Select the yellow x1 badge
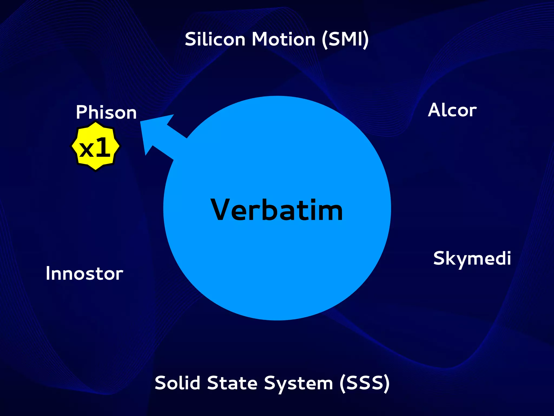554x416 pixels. [x=95, y=146]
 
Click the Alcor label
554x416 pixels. [x=452, y=110]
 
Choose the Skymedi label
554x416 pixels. [x=472, y=258]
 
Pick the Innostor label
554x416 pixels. [x=84, y=273]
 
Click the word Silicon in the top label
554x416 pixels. [x=215, y=39]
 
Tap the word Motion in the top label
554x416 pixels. [x=283, y=39]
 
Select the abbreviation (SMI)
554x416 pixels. [x=345, y=40]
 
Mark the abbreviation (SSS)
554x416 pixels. [x=364, y=383]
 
